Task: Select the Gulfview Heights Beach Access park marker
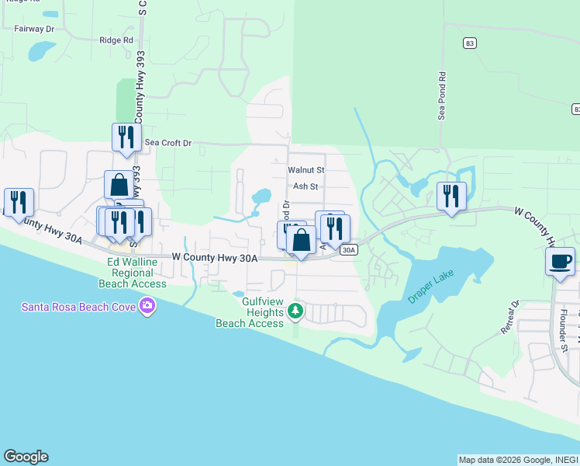(x=295, y=311)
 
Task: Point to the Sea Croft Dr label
(x=166, y=144)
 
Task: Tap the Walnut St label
(x=306, y=169)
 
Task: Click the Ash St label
(x=306, y=186)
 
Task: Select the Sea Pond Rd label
(x=442, y=96)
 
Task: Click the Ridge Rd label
(x=116, y=40)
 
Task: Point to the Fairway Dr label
(x=34, y=28)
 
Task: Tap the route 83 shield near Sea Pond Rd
(x=469, y=43)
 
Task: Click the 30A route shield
(x=350, y=249)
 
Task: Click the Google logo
(x=26, y=457)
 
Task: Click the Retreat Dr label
(x=509, y=318)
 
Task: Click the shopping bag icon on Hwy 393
(x=119, y=185)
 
